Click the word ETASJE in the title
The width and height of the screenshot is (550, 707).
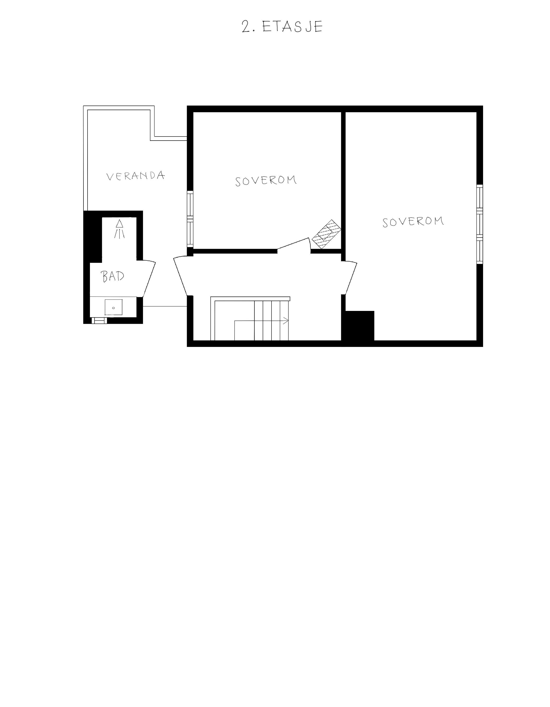(x=292, y=27)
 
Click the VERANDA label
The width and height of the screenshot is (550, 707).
(x=136, y=176)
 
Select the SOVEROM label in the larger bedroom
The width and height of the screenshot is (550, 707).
(x=413, y=222)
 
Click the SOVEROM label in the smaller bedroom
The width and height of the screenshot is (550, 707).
(x=266, y=181)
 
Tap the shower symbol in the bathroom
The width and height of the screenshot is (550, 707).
(x=119, y=229)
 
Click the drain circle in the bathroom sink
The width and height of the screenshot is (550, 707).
(x=113, y=308)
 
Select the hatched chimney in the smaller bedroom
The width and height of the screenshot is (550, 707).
(x=326, y=234)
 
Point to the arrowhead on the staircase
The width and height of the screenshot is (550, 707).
(x=286, y=321)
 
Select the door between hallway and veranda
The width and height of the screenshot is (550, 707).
(x=181, y=276)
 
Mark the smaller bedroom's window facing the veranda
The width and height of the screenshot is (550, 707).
(x=190, y=220)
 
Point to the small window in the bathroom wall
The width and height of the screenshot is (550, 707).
(x=99, y=321)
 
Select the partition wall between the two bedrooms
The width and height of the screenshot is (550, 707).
(x=343, y=181)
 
